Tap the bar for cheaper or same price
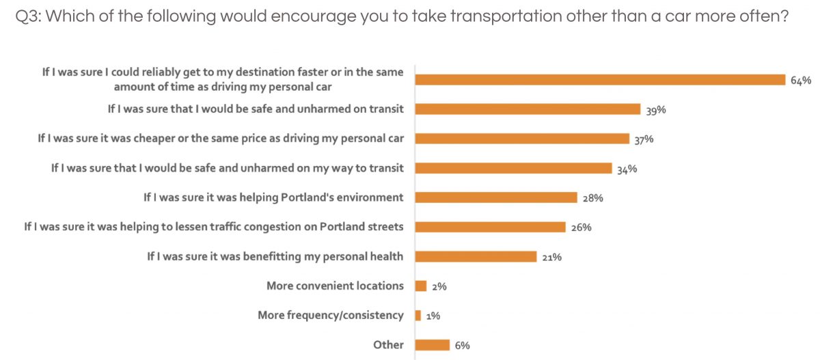tap(522, 139)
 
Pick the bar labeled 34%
tap(513, 168)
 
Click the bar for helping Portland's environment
tap(496, 197)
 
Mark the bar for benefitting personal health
tap(476, 256)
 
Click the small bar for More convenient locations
tap(421, 286)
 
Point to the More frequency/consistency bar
tap(418, 315)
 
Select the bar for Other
tap(432, 344)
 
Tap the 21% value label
tap(551, 257)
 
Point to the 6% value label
tap(462, 346)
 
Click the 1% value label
tap(433, 316)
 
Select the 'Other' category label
tap(388, 344)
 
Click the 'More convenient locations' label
tap(335, 286)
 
